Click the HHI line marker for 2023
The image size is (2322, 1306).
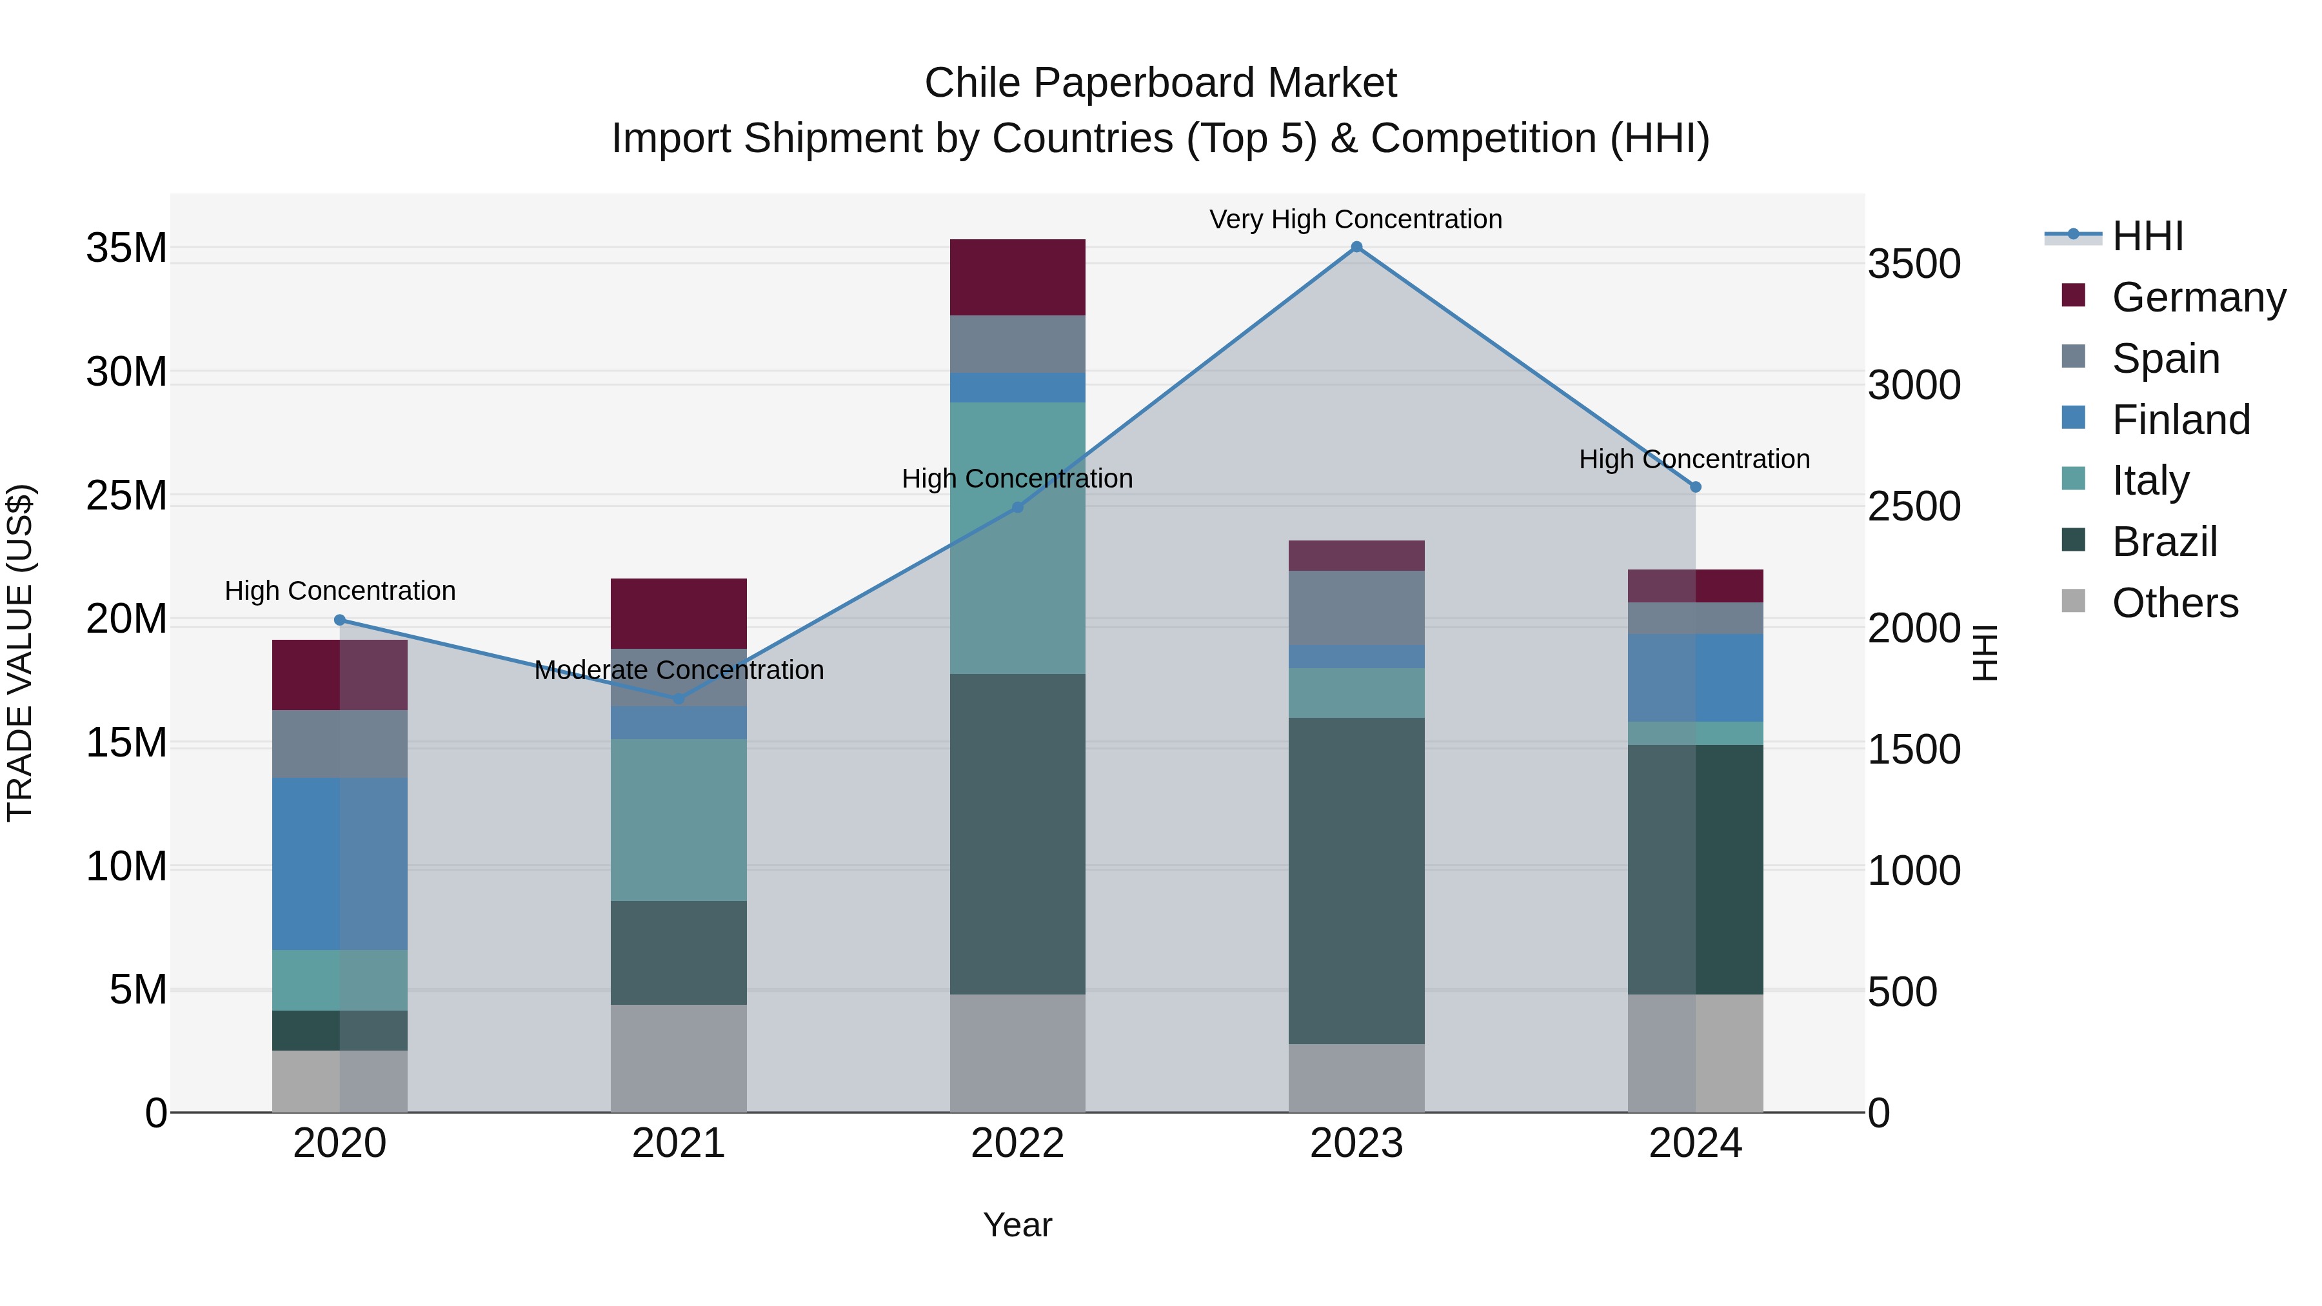(1356, 247)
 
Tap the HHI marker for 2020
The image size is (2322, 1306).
(340, 620)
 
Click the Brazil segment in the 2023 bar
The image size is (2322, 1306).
(1356, 880)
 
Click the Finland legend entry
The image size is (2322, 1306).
(2181, 420)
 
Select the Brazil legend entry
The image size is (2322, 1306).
(2163, 542)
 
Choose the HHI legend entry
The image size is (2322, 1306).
(2147, 236)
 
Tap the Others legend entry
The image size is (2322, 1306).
(2174, 603)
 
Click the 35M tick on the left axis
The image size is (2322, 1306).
(126, 248)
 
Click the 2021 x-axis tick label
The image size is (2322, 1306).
(678, 1143)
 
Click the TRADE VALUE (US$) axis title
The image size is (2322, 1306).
(20, 653)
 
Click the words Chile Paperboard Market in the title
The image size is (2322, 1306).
(1160, 83)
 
